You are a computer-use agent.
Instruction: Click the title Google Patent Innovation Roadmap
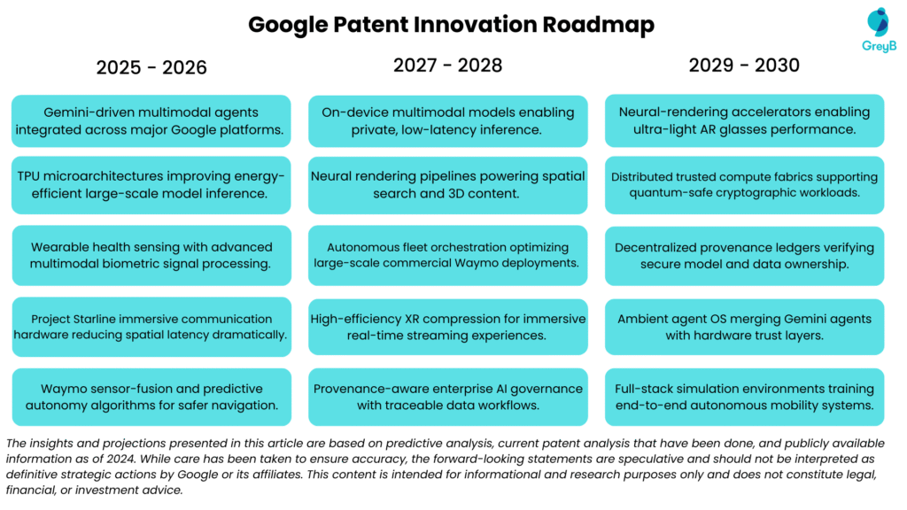click(451, 24)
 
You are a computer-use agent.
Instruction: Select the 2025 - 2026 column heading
click(151, 67)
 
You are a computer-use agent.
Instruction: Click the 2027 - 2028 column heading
click(447, 65)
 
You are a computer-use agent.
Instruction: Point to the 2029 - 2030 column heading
click(744, 65)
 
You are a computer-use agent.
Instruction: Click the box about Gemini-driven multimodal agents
click(151, 121)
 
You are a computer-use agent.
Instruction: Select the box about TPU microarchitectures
click(151, 185)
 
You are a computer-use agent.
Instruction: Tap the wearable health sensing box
click(151, 256)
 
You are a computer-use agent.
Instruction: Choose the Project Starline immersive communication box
click(151, 327)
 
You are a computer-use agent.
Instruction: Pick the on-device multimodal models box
click(447, 121)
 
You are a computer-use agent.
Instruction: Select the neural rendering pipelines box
click(447, 185)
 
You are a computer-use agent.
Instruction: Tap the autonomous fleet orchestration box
click(447, 256)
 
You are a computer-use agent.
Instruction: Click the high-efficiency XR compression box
click(447, 327)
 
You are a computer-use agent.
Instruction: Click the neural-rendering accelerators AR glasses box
click(744, 121)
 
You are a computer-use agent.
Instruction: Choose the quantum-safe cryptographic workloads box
click(744, 185)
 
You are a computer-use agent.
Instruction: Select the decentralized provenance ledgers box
click(744, 256)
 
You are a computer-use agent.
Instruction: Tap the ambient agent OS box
click(744, 327)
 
